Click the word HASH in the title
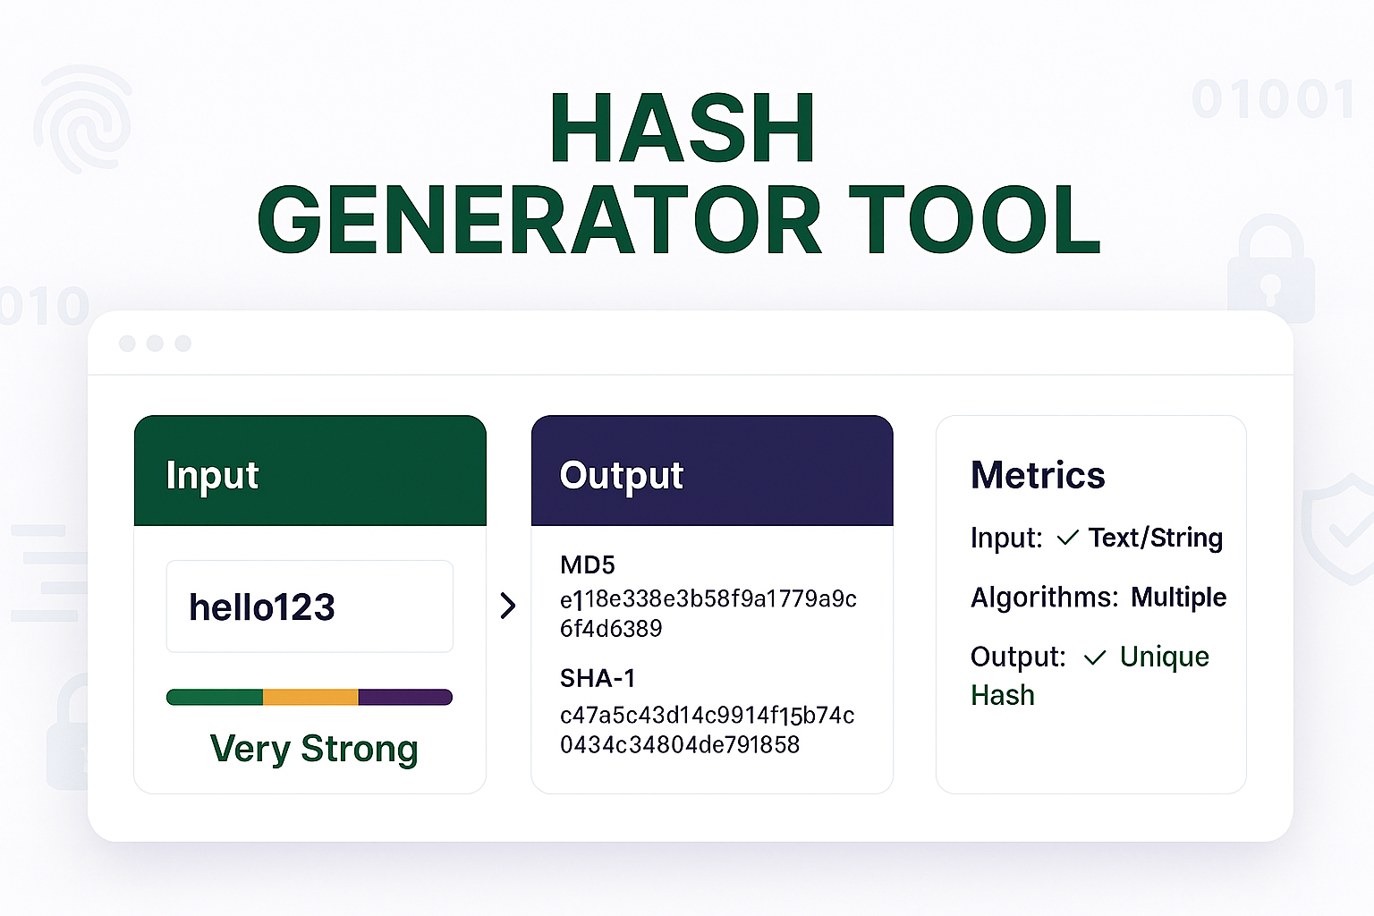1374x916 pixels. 683,128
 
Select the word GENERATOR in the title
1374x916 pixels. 539,219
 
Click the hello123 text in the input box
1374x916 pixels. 262,606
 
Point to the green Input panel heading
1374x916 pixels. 212,476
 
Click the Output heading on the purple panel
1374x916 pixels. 622,476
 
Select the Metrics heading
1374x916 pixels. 1038,475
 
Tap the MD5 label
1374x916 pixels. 587,565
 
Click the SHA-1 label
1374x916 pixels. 598,679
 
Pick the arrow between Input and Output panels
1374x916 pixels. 508,606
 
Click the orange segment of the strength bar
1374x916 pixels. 310,697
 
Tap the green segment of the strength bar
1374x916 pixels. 215,697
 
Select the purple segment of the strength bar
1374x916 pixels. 405,697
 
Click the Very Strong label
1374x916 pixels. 314,749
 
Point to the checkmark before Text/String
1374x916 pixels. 1067,539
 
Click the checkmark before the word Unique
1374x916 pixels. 1095,657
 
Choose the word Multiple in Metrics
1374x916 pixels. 1178,597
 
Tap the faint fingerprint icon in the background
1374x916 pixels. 83,118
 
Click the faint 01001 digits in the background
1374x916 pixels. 1273,98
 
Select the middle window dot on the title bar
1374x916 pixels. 155,343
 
